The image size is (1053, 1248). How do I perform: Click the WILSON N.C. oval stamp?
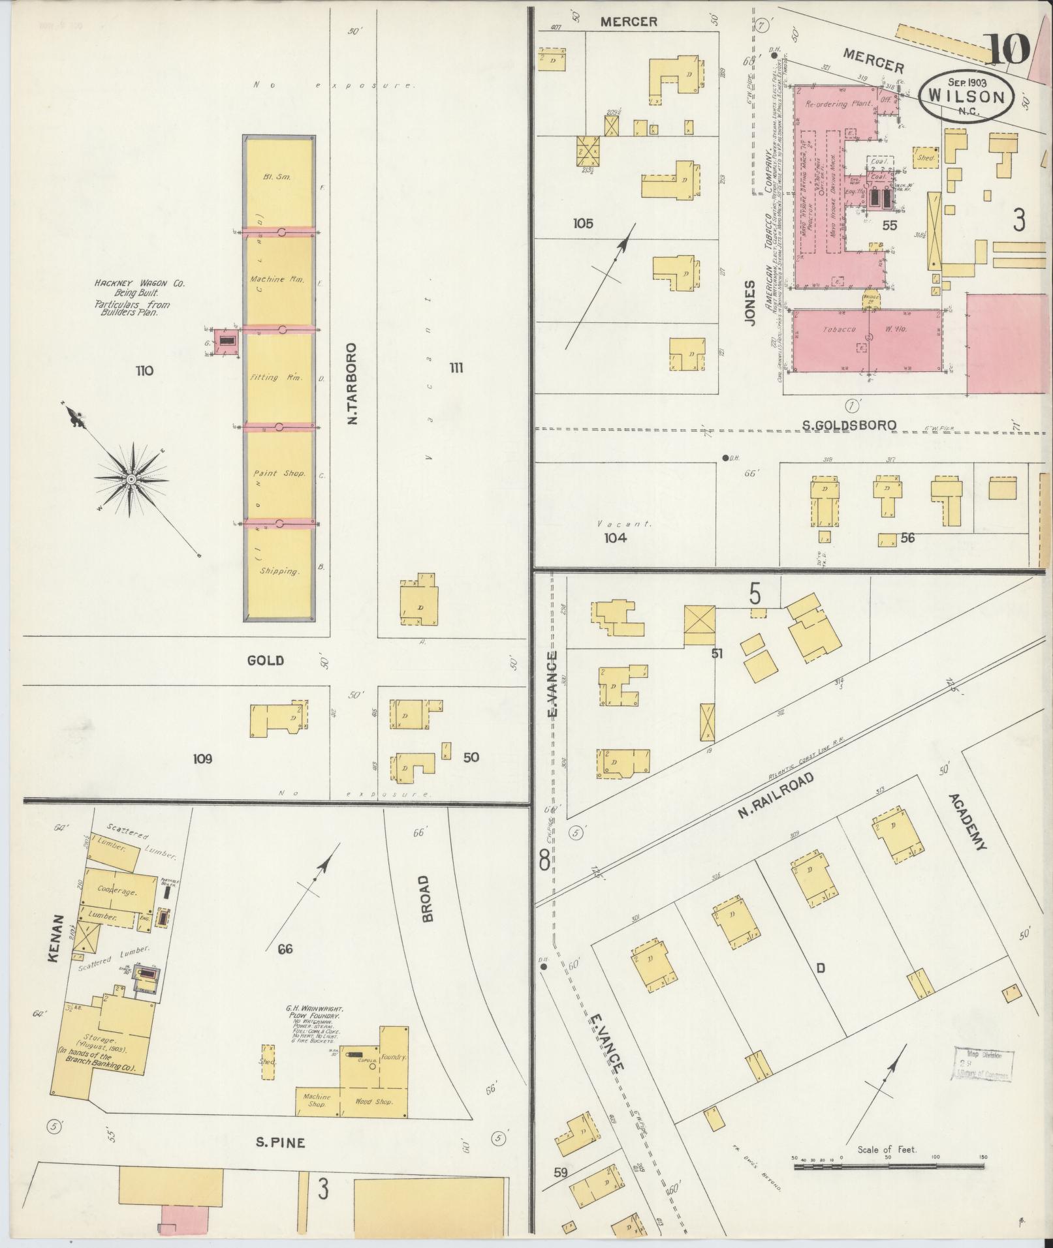(966, 95)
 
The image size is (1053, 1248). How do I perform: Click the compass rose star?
(131, 479)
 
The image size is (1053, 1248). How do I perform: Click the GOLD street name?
(266, 660)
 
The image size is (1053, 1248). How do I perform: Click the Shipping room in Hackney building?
(279, 571)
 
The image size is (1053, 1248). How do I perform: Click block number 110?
(144, 371)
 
